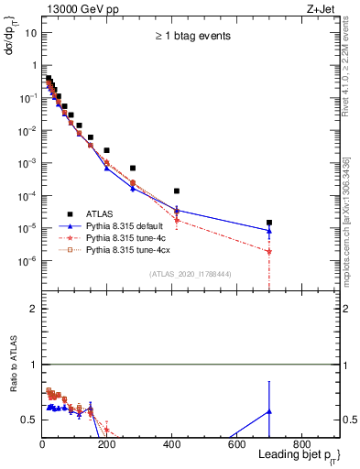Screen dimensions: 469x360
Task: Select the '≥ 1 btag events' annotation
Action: pyautogui.click(x=191, y=37)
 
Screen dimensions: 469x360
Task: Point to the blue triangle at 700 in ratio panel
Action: pyautogui.click(x=269, y=411)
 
